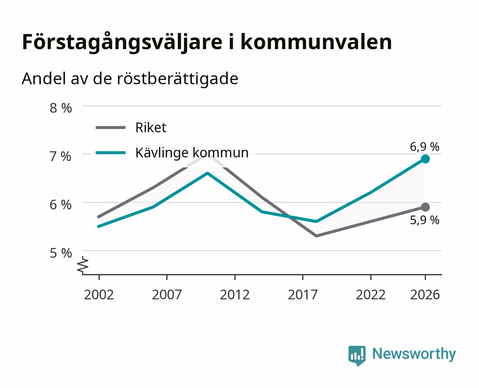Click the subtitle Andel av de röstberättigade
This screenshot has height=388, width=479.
(130, 79)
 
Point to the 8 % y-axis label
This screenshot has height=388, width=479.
(61, 108)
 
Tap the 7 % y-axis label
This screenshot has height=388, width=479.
(61, 157)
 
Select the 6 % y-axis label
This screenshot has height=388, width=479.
(61, 205)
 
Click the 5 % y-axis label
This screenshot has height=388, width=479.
(61, 253)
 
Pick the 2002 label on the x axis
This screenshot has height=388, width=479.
(99, 295)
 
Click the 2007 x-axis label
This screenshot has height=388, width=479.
(167, 295)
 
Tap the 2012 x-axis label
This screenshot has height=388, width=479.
(235, 295)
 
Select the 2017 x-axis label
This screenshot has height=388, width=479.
(303, 295)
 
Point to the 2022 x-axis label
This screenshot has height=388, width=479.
(371, 295)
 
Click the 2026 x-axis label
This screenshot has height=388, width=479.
(425, 295)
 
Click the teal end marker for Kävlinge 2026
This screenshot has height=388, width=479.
(425, 159)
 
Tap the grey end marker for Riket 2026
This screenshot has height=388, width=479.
(425, 207)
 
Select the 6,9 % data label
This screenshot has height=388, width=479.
(425, 147)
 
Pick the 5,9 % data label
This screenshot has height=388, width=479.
(425, 220)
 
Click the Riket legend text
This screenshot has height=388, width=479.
(151, 128)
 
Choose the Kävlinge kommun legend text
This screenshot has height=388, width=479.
(192, 153)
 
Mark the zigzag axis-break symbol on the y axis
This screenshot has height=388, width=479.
(83, 265)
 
